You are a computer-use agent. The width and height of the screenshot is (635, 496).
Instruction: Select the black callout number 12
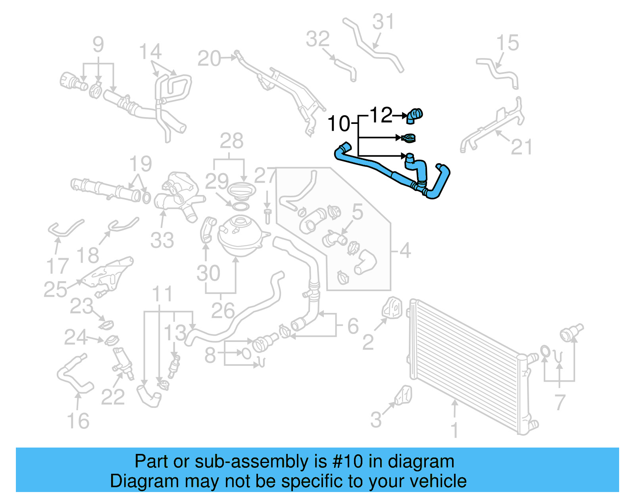pyautogui.click(x=381, y=115)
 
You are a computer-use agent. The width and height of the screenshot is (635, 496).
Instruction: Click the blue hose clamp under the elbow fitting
pyautogui.click(x=409, y=138)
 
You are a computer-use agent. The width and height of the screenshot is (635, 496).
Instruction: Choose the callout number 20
pyautogui.click(x=209, y=59)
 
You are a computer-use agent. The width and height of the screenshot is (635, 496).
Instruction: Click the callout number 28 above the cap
pyautogui.click(x=231, y=141)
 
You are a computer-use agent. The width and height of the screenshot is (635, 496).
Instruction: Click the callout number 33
pyautogui.click(x=162, y=240)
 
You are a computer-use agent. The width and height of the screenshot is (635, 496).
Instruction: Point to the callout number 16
pyautogui.click(x=78, y=421)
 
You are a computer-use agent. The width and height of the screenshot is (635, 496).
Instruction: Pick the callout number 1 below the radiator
pyautogui.click(x=455, y=430)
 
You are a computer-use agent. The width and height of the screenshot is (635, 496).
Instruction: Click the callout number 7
pyautogui.click(x=560, y=402)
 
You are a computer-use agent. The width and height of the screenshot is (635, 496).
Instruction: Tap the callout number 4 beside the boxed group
pyautogui.click(x=405, y=251)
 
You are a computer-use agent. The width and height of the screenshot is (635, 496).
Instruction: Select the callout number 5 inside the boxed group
pyautogui.click(x=358, y=212)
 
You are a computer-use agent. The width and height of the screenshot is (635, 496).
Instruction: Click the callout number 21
pyautogui.click(x=521, y=147)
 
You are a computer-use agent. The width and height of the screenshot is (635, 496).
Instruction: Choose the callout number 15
pyautogui.click(x=508, y=43)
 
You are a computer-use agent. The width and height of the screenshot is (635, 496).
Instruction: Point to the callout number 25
pyautogui.click(x=55, y=289)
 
